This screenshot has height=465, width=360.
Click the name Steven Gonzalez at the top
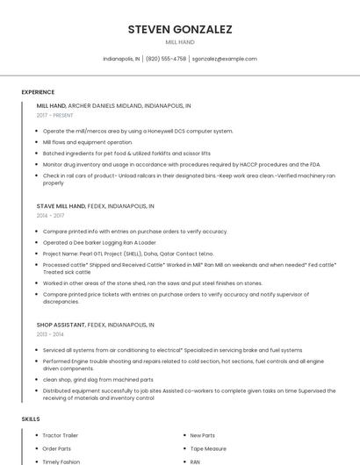point(180,29)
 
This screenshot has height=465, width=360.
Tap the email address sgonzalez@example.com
point(224,59)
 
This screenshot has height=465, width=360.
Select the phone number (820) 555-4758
point(166,59)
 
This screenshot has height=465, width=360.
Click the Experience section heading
point(38,92)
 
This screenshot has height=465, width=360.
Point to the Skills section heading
point(30,419)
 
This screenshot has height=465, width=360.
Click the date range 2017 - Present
point(55,115)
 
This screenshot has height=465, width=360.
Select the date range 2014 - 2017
point(50,215)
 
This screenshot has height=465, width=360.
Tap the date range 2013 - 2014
point(50,334)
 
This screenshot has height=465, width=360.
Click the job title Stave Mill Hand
point(61,206)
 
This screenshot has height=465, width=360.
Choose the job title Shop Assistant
point(61,325)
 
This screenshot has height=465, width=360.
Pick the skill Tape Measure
point(208,448)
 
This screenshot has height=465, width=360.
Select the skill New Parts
point(203,435)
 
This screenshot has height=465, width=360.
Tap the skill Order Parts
point(57,448)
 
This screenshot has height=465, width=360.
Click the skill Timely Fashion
point(61,461)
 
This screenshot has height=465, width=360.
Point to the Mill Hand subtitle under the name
point(180,42)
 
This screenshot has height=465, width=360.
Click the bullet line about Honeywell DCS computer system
point(138,131)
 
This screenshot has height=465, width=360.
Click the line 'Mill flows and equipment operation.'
point(88,141)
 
